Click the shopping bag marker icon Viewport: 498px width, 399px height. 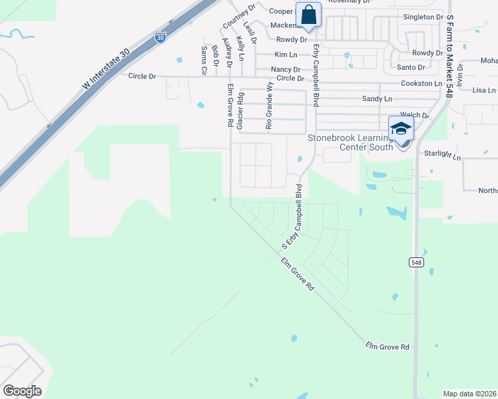309,14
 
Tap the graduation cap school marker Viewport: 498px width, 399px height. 401,129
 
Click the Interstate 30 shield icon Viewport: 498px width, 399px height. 160,37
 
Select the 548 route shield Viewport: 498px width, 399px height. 415,263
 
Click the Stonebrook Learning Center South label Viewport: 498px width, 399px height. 359,142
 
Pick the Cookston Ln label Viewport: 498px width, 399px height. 421,84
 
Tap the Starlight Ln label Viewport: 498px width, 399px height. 442,155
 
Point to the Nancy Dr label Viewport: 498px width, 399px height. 286,70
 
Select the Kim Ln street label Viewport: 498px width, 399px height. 284,54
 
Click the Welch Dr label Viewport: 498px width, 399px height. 413,115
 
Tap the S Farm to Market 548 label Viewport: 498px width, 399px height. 449,57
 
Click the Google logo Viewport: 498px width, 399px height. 23,390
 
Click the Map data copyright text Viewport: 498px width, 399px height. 469,394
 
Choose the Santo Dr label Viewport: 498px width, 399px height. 411,67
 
